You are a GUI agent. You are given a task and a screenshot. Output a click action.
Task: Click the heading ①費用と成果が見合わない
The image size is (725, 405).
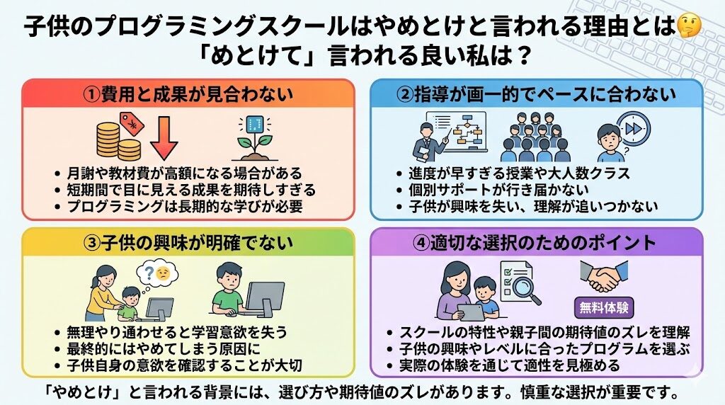[187, 93]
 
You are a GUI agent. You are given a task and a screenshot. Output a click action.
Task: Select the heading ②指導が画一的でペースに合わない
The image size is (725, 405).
[535, 93]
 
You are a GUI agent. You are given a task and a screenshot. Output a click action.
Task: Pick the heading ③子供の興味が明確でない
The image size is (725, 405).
[187, 242]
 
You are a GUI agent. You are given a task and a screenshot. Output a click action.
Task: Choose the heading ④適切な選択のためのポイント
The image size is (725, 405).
[535, 242]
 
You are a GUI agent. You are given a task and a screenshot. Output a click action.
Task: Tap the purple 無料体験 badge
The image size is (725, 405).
[603, 308]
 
